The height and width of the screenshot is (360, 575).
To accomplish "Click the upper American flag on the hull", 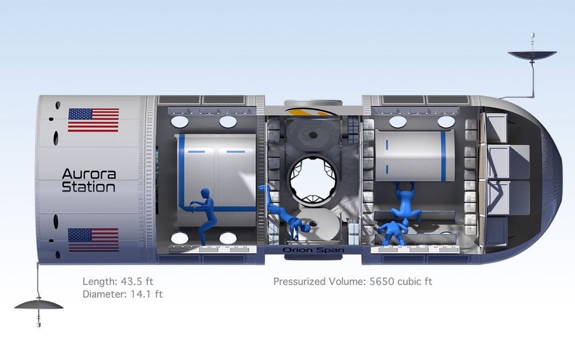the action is pos(94,120).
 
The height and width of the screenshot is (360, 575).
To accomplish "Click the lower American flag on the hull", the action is pos(94,240).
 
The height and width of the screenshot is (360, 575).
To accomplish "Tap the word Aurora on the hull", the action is pos(89,174).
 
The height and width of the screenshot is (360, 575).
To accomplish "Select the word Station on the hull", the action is pos(89,187).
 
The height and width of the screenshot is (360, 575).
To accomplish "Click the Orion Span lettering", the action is pos(313,250).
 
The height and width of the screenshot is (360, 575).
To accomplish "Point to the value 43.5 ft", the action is pos(137,282).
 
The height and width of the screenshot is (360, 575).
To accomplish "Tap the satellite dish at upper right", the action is pos(532,55).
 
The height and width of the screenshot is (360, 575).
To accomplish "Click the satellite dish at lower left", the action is pos(39,305).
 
